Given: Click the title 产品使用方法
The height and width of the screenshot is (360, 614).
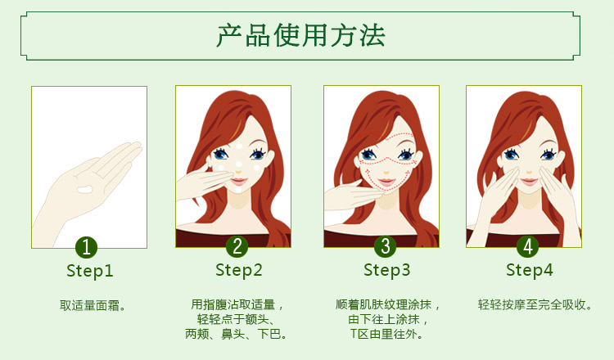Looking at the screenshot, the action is (x=300, y=36).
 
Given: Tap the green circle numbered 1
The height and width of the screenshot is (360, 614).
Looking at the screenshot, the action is (x=86, y=247).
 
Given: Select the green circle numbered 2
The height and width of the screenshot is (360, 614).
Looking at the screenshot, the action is (x=237, y=246).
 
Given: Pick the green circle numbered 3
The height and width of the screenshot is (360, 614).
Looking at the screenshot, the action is (x=386, y=246).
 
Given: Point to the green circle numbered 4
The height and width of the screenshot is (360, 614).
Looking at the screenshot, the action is (x=528, y=246).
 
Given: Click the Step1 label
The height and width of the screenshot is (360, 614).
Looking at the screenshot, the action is (x=90, y=271).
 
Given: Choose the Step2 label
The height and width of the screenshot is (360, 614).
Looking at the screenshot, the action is (x=238, y=270).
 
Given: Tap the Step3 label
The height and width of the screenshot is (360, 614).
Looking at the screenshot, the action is (x=387, y=270).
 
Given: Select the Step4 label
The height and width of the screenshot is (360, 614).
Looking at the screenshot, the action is (x=530, y=270).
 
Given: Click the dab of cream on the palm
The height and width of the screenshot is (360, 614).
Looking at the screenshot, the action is (x=84, y=190).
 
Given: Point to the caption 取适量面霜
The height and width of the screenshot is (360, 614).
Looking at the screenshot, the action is (x=93, y=305).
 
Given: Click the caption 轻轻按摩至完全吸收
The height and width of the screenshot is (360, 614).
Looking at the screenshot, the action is (x=535, y=304).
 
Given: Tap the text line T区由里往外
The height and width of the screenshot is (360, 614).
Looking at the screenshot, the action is (x=386, y=334).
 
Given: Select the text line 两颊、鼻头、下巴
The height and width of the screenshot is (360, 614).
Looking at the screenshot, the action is (x=236, y=334).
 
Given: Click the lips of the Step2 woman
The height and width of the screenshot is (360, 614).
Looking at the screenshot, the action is (x=238, y=182).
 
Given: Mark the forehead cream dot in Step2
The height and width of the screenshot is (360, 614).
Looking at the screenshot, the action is (x=239, y=146).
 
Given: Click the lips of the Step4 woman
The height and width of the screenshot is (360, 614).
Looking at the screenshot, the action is (x=530, y=182).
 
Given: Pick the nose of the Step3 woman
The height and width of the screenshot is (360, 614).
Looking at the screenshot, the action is (x=386, y=172).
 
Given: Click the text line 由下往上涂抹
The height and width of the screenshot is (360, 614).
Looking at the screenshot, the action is (x=387, y=319).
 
